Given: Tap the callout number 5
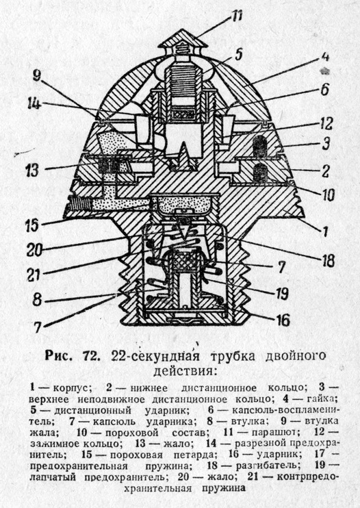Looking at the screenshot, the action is (x=239, y=54).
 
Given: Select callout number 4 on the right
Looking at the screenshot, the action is (x=324, y=57).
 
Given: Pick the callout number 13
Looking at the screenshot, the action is (x=31, y=170).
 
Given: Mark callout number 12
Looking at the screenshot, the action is (x=326, y=123).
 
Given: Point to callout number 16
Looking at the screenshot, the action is (x=283, y=320).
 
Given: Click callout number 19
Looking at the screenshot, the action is (x=281, y=294).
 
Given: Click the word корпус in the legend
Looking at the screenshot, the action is (x=73, y=388).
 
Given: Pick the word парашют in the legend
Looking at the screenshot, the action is (x=276, y=433).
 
